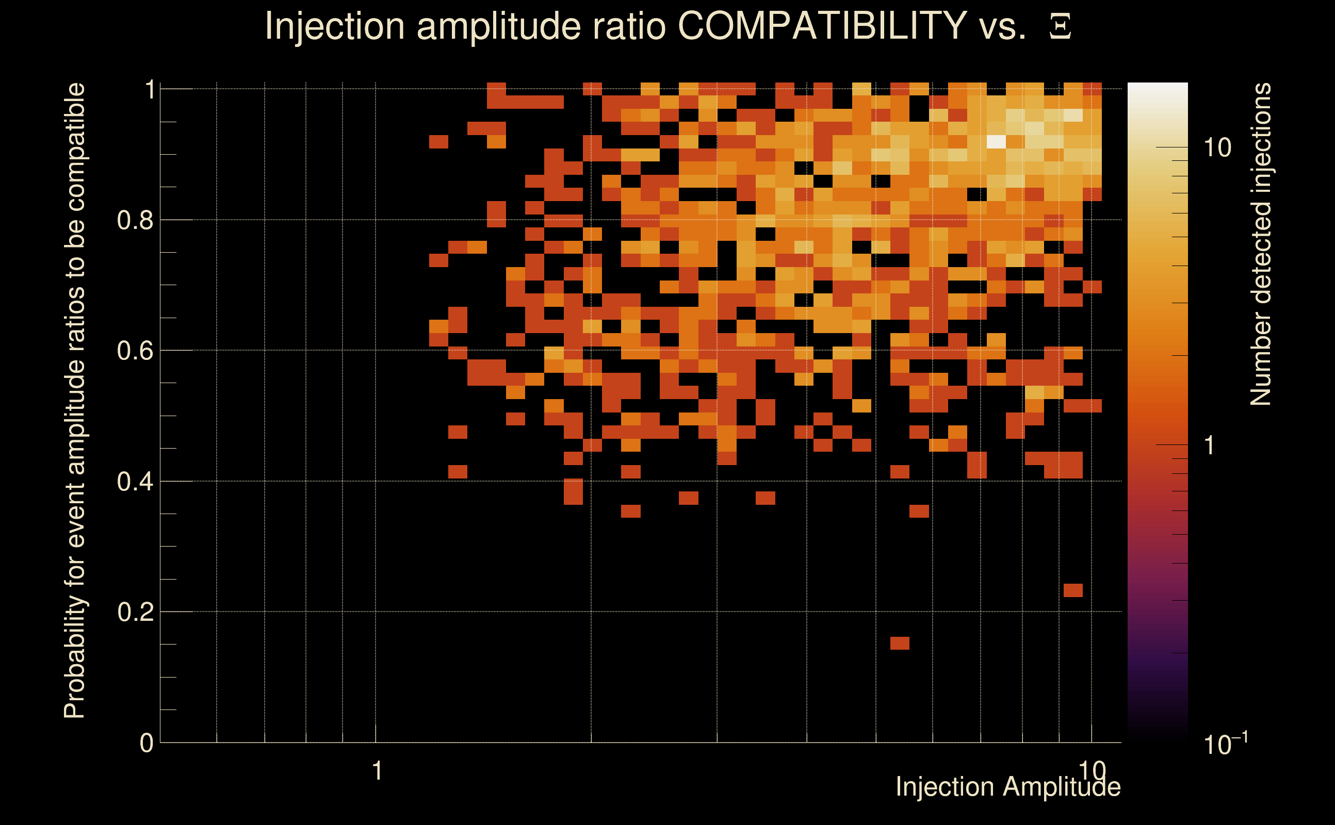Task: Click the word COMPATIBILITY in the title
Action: pyautogui.click(x=822, y=26)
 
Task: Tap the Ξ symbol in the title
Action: pyautogui.click(x=1060, y=27)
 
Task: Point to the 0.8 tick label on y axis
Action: pyautogui.click(x=135, y=221)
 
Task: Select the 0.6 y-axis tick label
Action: pyautogui.click(x=135, y=351)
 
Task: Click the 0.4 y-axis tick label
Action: pyautogui.click(x=135, y=482)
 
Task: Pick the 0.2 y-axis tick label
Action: pyautogui.click(x=135, y=612)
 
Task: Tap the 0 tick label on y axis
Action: pyautogui.click(x=146, y=743)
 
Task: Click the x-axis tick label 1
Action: pyautogui.click(x=377, y=771)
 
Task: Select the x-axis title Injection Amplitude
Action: pyautogui.click(x=1008, y=787)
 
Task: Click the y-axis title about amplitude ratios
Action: pyautogui.click(x=75, y=401)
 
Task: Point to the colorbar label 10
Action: pyautogui.click(x=1217, y=148)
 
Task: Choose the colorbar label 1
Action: pyautogui.click(x=1210, y=445)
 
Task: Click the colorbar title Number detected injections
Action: pyautogui.click(x=1260, y=244)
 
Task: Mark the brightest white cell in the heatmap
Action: pyautogui.click(x=997, y=141)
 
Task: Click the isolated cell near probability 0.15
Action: pyautogui.click(x=900, y=643)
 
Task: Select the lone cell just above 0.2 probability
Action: pyautogui.click(x=1073, y=590)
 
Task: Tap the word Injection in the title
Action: pyautogui.click(x=335, y=26)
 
